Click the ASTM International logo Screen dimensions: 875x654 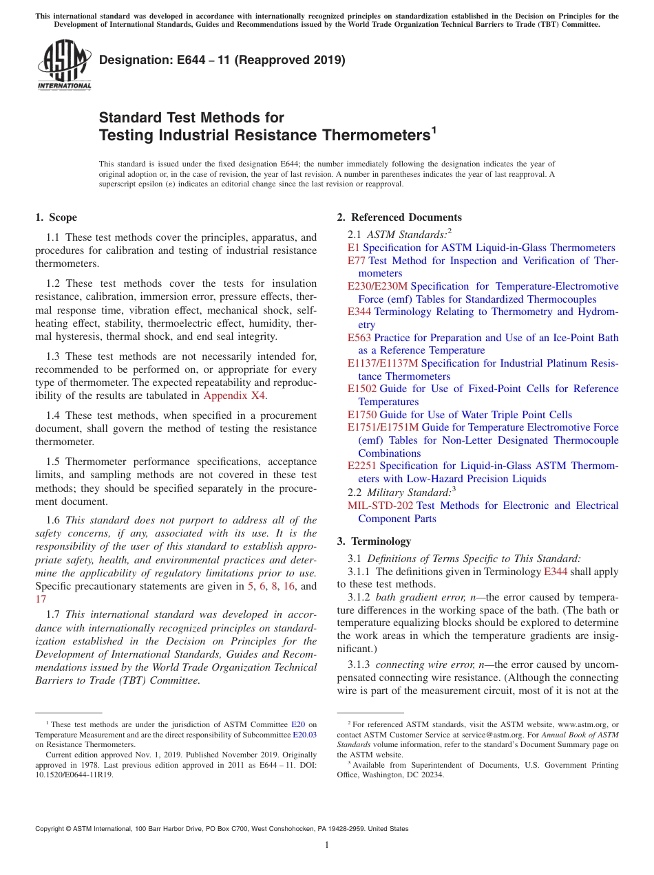[64, 65]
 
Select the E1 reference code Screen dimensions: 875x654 [353, 248]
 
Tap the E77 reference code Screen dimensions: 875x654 [356, 261]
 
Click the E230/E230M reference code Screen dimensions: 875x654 [377, 286]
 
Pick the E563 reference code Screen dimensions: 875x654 [359, 338]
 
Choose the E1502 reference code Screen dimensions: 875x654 [362, 389]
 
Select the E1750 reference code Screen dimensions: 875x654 [362, 415]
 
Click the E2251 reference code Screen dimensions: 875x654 [362, 466]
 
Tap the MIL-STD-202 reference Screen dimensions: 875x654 [380, 506]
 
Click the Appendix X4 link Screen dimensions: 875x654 [234, 396]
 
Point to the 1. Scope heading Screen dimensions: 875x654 [56, 217]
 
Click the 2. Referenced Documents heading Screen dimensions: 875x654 [399, 217]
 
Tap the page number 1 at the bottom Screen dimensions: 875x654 [327, 845]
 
